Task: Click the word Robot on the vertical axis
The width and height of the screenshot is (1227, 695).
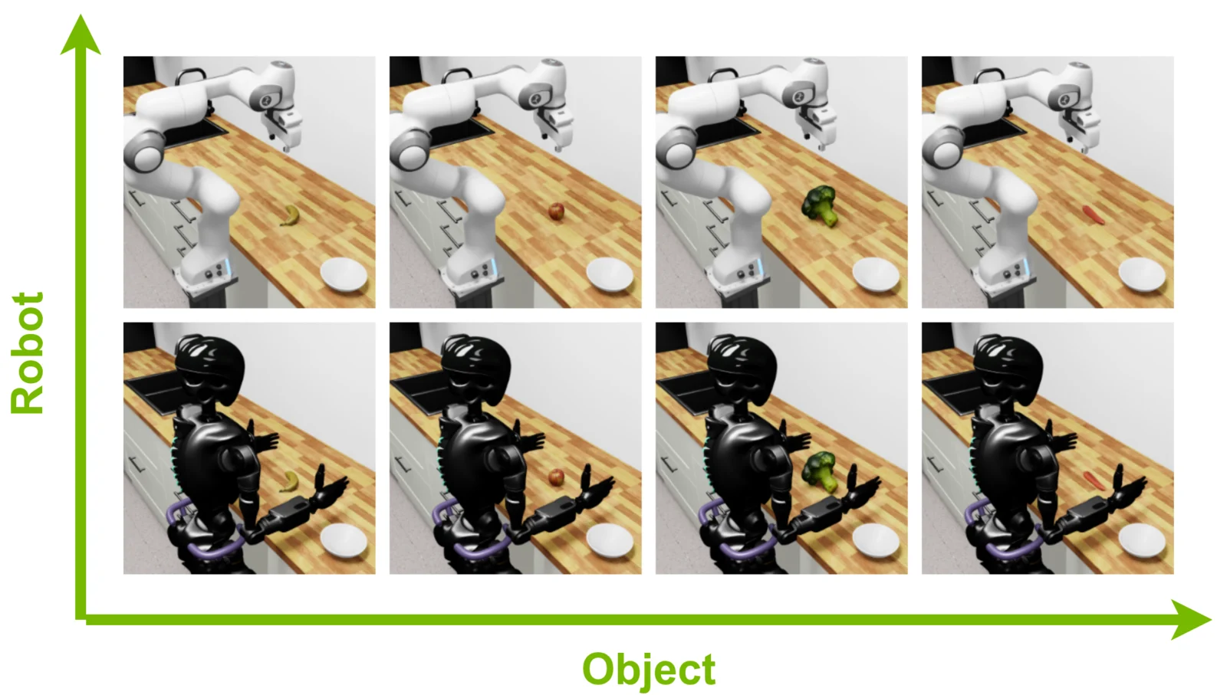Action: click(x=28, y=353)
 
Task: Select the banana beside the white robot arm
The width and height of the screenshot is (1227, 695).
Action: click(x=291, y=215)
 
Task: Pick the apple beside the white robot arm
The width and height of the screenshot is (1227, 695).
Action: click(x=556, y=211)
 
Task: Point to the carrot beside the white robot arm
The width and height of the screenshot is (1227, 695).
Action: click(x=1093, y=215)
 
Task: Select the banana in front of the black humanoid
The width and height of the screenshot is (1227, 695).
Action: click(x=290, y=481)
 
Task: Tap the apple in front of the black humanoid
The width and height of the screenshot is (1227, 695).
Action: click(x=556, y=477)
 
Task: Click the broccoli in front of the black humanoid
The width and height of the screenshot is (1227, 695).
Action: click(x=820, y=471)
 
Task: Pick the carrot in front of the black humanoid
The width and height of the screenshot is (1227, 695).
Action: click(x=1094, y=480)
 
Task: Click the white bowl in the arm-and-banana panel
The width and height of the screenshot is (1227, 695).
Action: click(x=344, y=275)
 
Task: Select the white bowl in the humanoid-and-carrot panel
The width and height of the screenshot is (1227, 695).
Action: click(x=1142, y=541)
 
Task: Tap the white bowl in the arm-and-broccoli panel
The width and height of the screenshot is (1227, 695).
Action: click(x=876, y=275)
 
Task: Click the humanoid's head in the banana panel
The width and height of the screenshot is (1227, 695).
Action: click(x=209, y=363)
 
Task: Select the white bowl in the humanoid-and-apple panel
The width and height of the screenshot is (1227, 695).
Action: click(x=610, y=541)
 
